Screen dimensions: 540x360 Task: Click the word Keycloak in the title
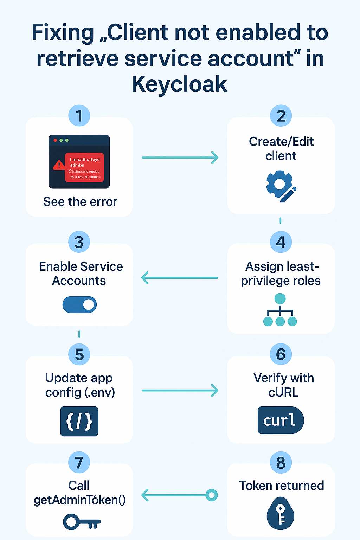click(180, 84)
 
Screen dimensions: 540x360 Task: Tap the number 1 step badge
click(79, 116)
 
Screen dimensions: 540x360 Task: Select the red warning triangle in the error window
click(59, 165)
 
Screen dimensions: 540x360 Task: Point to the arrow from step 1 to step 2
click(180, 157)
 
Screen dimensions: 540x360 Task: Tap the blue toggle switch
click(79, 304)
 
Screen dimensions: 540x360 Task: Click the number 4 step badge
click(281, 242)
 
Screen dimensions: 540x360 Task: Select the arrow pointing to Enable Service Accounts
click(180, 278)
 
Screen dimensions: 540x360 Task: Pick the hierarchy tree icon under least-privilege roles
click(280, 310)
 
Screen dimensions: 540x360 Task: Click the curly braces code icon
click(79, 421)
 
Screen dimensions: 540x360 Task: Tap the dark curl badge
click(280, 420)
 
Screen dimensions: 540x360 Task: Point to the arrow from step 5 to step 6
click(180, 390)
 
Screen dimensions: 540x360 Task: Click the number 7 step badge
click(79, 463)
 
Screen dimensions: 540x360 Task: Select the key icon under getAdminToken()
click(82, 522)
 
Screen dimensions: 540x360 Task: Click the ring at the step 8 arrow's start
click(212, 495)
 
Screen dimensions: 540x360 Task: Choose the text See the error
click(80, 202)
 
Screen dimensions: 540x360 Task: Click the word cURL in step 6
click(283, 392)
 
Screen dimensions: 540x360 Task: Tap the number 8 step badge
click(281, 463)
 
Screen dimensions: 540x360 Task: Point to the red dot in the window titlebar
click(55, 140)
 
